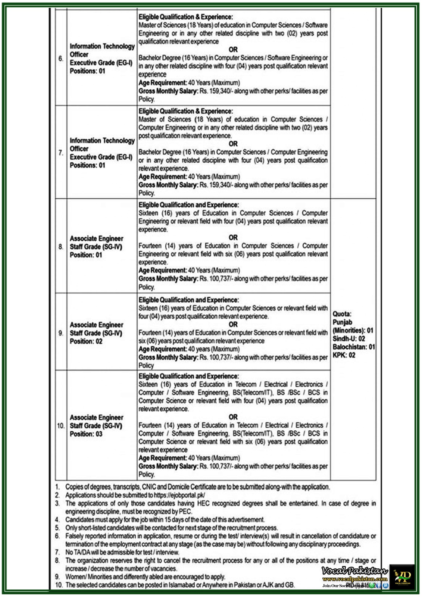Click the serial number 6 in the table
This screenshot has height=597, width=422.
pos(60,59)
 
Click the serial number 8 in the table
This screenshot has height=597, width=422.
pos(60,247)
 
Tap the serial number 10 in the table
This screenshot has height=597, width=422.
pos(60,425)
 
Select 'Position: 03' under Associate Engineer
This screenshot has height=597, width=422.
pos(86,434)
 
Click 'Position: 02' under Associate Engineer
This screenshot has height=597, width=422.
pos(86,341)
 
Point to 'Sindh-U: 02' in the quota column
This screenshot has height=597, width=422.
pos(348,339)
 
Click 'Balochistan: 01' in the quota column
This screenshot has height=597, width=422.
pos(353,347)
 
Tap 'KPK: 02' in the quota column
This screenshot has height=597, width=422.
pos(344,355)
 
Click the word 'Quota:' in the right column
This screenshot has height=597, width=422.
pos(342,314)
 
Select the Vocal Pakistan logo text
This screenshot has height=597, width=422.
pos(354,571)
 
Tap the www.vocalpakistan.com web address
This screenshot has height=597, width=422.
pos(355,579)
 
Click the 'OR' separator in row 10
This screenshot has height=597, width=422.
pos(233,417)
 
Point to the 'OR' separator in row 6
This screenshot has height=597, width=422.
pos(233,50)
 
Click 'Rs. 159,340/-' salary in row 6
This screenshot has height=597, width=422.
pos(216,91)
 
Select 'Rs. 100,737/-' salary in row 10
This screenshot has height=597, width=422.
pos(216,466)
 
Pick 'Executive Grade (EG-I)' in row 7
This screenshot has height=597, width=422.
pos(101,157)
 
